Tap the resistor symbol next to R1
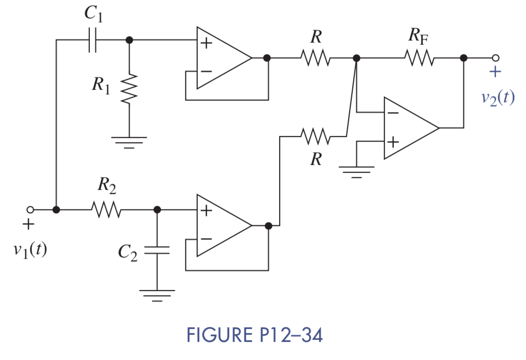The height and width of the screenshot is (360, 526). [x=129, y=88]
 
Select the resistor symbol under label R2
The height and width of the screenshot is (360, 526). [x=106, y=210]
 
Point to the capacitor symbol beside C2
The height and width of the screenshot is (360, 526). [x=157, y=251]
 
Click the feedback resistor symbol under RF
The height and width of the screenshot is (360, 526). [x=421, y=58]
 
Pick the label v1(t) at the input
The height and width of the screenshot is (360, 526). [x=30, y=250]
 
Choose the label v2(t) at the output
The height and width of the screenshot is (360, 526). [x=496, y=97]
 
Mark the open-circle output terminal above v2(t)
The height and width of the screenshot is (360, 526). [x=495, y=58]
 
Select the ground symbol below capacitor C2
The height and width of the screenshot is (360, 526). [x=157, y=296]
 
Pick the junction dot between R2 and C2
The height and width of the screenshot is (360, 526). [x=157, y=210]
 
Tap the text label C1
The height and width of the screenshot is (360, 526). [x=93, y=14]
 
